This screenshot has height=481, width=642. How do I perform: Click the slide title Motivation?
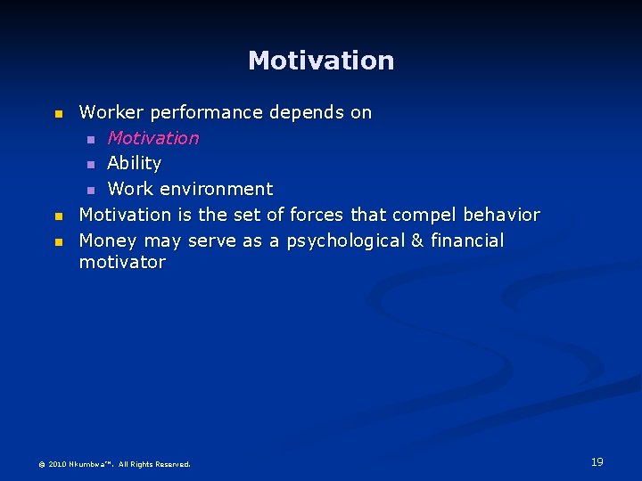[321, 61]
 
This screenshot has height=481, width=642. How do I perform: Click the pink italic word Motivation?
[152, 138]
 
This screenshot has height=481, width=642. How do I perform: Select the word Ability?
[134, 163]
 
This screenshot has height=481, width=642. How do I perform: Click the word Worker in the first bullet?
[111, 113]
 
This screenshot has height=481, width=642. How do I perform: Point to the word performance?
[207, 113]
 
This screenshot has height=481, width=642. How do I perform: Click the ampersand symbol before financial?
[416, 240]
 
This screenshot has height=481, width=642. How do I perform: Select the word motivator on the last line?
[122, 263]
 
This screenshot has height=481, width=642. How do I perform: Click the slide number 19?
[597, 461]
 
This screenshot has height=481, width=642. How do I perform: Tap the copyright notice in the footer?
[114, 464]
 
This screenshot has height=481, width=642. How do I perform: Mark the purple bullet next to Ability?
[91, 165]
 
